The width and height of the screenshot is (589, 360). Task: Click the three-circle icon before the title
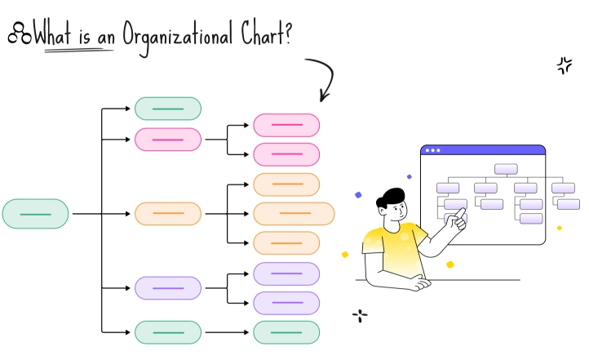(19, 34)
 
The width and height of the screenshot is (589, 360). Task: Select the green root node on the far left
(35, 214)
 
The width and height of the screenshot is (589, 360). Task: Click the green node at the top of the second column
(168, 109)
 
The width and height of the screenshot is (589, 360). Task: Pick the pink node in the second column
(168, 140)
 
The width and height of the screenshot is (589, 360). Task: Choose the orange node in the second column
(168, 214)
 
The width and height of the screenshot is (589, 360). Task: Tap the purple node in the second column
(168, 288)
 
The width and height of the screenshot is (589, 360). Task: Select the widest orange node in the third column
(294, 214)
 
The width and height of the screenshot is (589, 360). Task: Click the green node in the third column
(286, 332)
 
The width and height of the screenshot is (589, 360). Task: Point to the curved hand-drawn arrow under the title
(325, 78)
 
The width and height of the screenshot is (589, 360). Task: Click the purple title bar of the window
(483, 150)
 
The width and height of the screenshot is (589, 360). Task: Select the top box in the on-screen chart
(506, 169)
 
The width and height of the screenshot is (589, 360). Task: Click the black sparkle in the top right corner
(564, 66)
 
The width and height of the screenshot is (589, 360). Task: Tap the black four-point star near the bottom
(359, 315)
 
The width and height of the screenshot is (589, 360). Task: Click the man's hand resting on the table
(418, 284)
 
